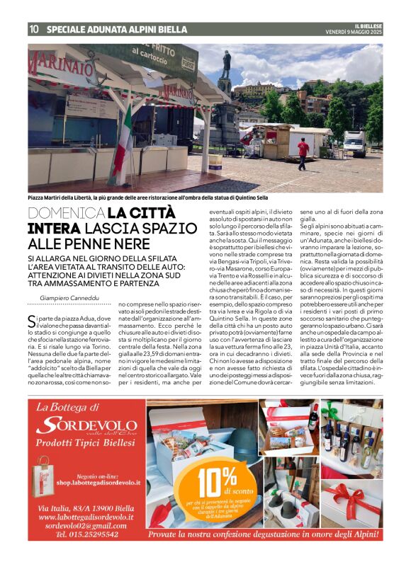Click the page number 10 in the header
click(x=33, y=30)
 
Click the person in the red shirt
click(x=303, y=152)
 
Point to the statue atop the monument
click(x=226, y=64)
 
